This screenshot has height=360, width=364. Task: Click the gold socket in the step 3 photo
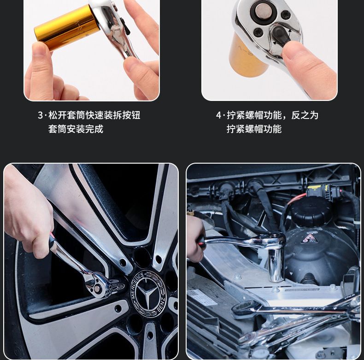(x=66, y=28)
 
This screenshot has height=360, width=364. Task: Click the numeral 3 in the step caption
(x=41, y=115)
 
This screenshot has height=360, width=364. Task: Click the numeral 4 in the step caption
(x=219, y=115)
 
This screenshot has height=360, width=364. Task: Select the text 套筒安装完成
(x=76, y=129)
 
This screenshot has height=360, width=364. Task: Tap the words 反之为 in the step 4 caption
(x=305, y=115)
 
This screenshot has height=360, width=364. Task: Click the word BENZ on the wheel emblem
(x=161, y=304)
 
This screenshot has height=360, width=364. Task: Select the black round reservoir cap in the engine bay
(x=311, y=212)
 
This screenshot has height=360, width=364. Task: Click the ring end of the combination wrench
(x=244, y=309)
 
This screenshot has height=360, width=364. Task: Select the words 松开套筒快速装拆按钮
(x=94, y=115)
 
